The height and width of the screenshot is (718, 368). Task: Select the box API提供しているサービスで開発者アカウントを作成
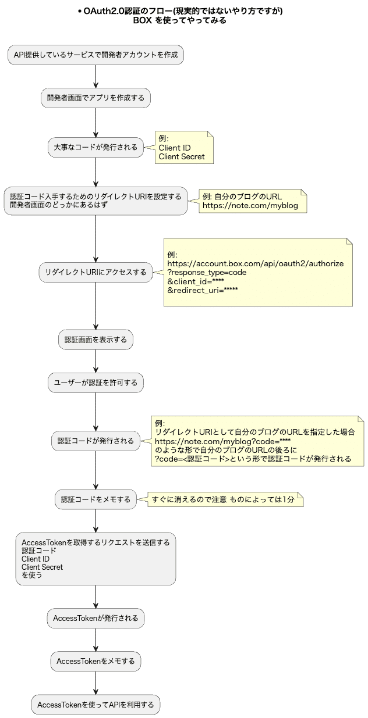click(95, 55)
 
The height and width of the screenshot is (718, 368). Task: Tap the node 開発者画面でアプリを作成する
click(95, 98)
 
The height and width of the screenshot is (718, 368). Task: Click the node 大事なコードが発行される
click(95, 147)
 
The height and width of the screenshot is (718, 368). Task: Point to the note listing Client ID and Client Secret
click(182, 148)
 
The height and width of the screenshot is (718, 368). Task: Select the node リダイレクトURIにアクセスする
click(95, 272)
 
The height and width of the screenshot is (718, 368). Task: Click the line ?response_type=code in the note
click(207, 272)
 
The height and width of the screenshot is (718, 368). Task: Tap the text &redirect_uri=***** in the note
click(203, 290)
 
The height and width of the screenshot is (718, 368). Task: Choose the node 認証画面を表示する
click(95, 340)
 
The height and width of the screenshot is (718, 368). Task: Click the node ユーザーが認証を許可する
click(95, 383)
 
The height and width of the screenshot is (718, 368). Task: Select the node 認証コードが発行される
click(95, 441)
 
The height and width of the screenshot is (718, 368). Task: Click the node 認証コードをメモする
click(95, 499)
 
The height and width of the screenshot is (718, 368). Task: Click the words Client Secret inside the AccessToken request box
click(42, 567)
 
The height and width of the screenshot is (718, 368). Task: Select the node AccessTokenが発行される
click(95, 618)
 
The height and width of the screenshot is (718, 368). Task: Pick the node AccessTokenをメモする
click(95, 661)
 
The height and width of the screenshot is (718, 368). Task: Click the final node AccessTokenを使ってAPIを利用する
click(95, 705)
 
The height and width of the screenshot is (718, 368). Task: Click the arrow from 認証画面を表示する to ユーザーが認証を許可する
click(95, 361)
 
